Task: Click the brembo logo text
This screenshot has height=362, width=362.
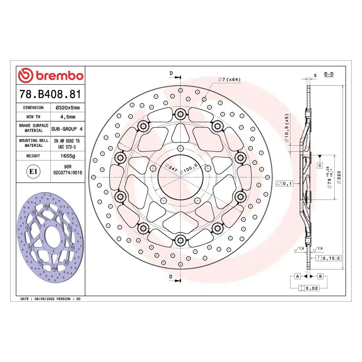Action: click(x=60, y=76)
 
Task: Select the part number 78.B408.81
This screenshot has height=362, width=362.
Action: click(x=50, y=94)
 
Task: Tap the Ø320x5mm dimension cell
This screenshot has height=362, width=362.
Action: click(x=68, y=107)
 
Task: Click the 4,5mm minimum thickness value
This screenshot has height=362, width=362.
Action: click(x=68, y=117)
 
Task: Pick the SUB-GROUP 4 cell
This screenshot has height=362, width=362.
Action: click(x=67, y=129)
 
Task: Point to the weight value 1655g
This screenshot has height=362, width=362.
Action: click(x=68, y=156)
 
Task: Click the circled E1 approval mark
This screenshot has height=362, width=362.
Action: click(x=33, y=171)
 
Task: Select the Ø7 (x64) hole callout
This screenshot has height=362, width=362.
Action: click(x=229, y=79)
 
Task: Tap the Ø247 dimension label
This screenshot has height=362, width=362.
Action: click(x=171, y=168)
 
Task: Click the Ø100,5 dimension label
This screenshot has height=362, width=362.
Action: click(x=189, y=169)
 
